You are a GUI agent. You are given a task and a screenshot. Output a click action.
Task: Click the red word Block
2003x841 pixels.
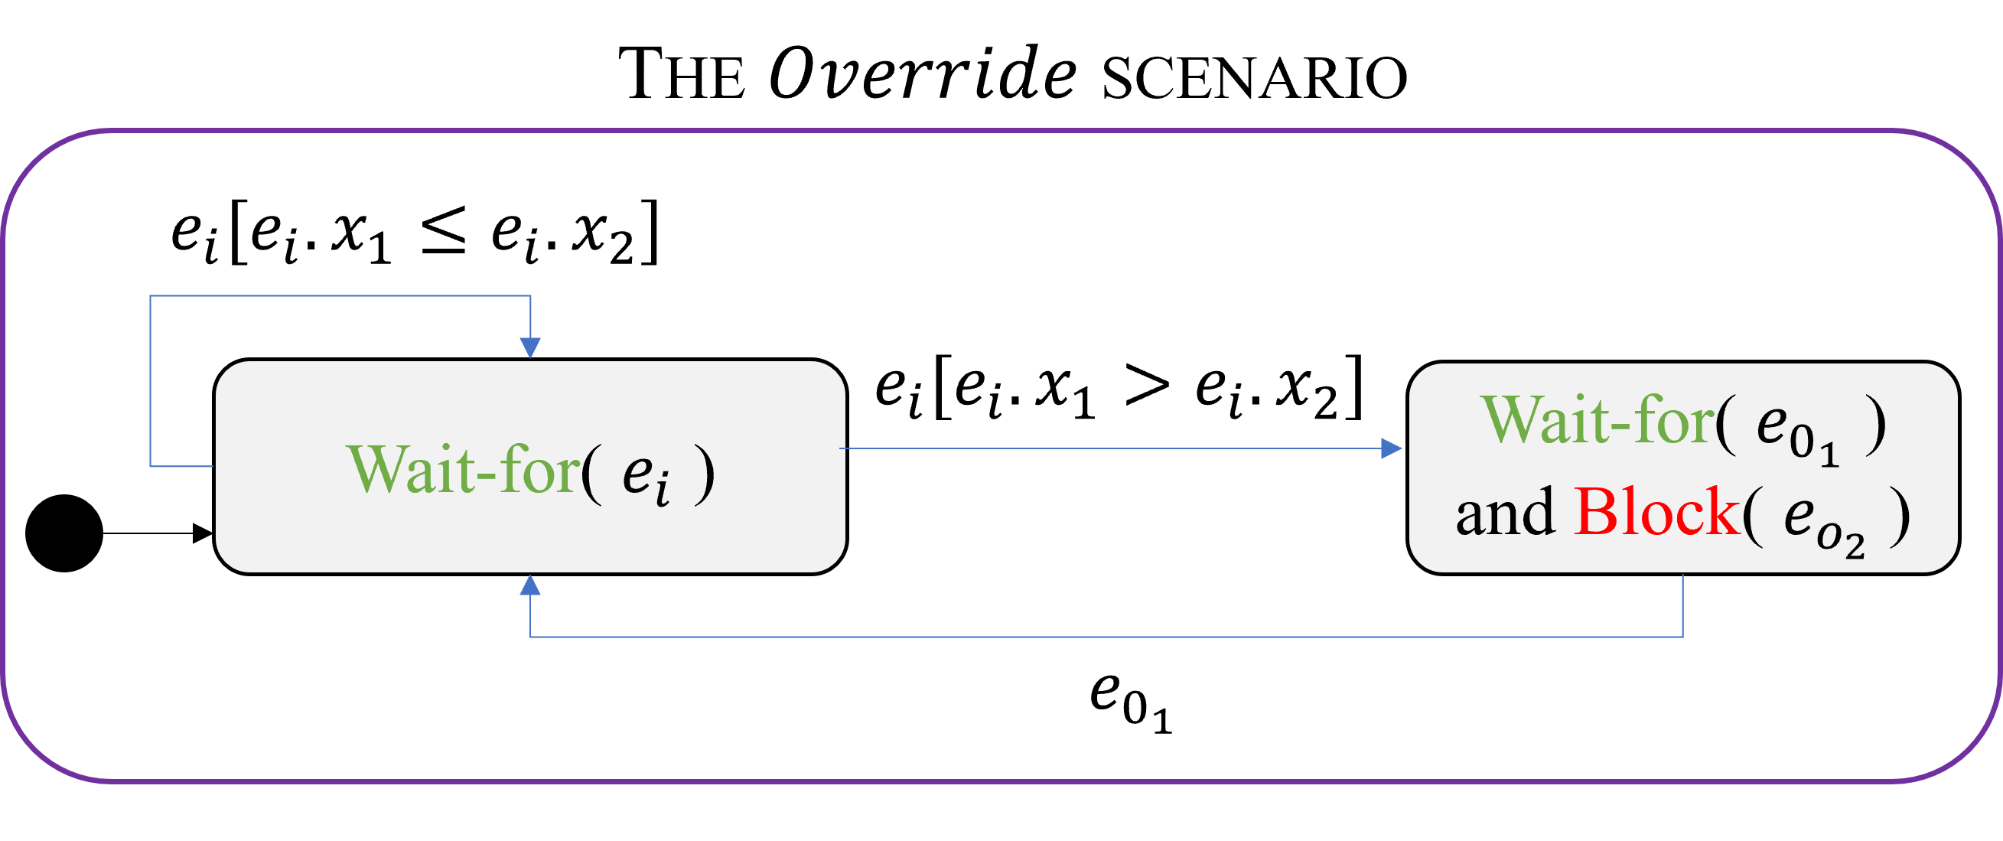pyautogui.click(x=1656, y=512)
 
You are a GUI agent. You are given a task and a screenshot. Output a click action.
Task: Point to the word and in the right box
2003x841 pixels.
pyautogui.click(x=1505, y=513)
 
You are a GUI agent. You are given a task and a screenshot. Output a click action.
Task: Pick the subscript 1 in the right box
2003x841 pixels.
pyautogui.click(x=1829, y=455)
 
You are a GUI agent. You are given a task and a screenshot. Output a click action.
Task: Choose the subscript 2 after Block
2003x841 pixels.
pyautogui.click(x=1855, y=547)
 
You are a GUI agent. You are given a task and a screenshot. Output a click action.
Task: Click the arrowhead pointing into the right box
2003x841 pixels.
pyautogui.click(x=1391, y=448)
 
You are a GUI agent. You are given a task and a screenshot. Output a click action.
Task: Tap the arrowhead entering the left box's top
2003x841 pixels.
pyautogui.click(x=530, y=347)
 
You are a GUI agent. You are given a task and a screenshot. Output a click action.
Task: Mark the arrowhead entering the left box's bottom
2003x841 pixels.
pyautogui.click(x=530, y=585)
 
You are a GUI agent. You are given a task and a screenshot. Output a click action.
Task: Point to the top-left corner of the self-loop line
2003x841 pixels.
pyautogui.click(x=150, y=295)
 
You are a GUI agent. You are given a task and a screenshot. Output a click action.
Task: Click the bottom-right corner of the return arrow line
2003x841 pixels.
pyautogui.click(x=1683, y=637)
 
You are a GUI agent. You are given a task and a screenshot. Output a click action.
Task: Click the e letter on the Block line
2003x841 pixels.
pyautogui.click(x=1799, y=515)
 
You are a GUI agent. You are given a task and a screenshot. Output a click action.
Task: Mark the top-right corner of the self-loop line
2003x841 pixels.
pyautogui.click(x=530, y=295)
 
